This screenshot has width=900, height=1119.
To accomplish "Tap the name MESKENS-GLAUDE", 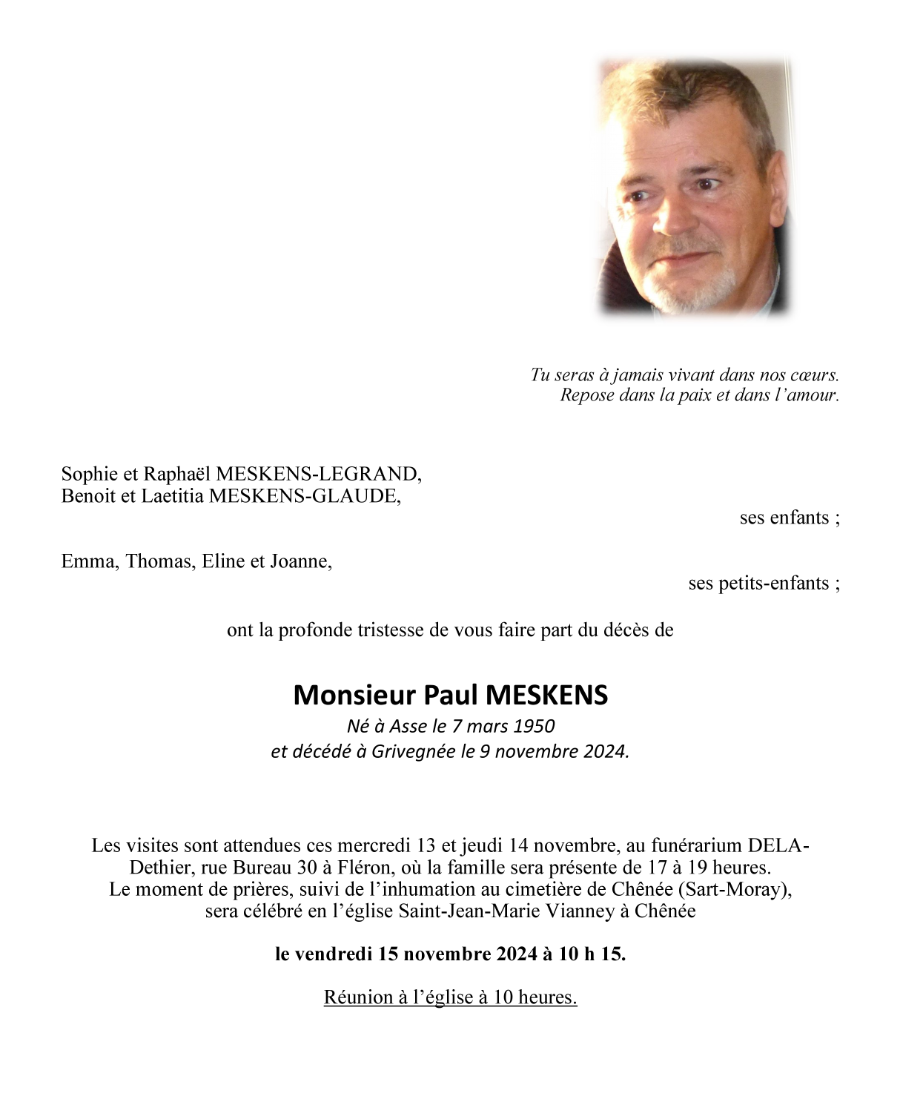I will [x=305, y=496].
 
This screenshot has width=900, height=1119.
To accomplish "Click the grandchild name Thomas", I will [x=160, y=561].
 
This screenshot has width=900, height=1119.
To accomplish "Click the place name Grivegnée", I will [x=413, y=751].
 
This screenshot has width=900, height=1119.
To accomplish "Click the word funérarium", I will [x=696, y=845].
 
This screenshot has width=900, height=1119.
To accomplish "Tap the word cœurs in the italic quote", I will [x=814, y=375].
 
